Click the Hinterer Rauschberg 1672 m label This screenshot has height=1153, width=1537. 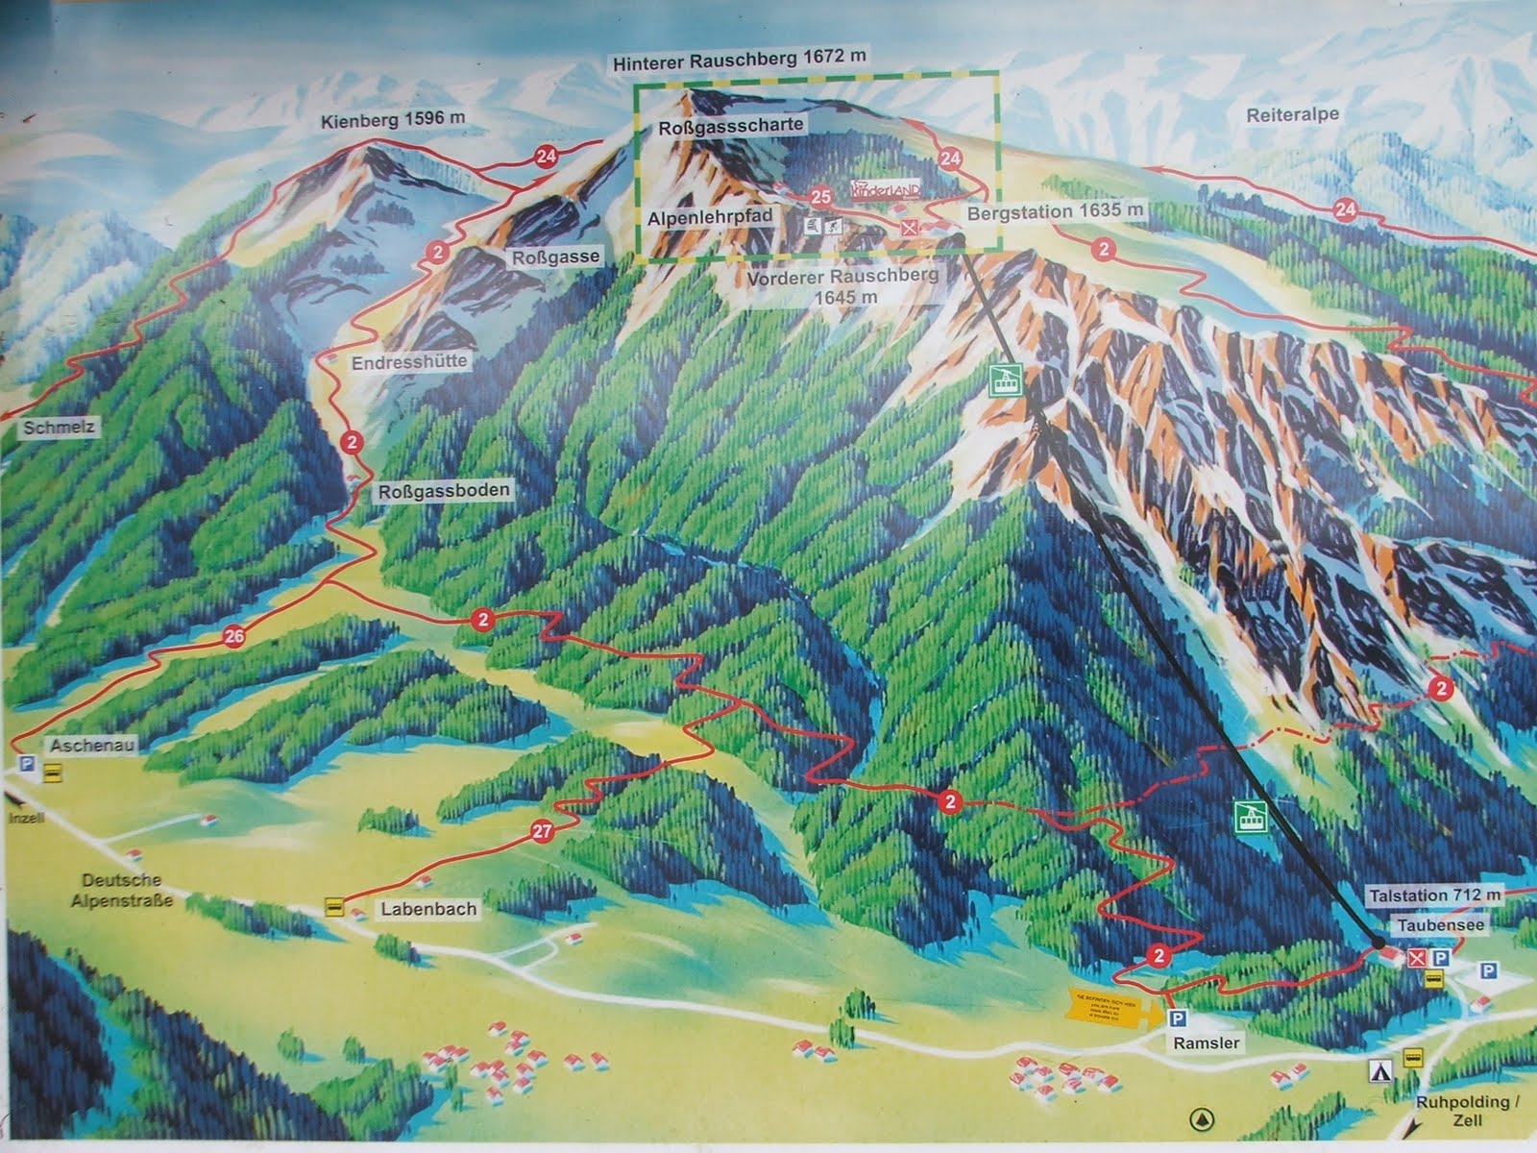click(x=739, y=59)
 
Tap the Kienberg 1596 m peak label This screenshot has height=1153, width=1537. click(x=394, y=119)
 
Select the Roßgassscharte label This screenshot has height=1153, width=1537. click(x=731, y=126)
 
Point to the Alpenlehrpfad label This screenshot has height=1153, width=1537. click(x=710, y=219)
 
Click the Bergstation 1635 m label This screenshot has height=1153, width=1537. click(x=1056, y=210)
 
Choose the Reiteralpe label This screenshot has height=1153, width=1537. click(x=1293, y=114)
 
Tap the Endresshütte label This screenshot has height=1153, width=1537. click(x=409, y=362)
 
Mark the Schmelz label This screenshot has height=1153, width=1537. click(x=59, y=428)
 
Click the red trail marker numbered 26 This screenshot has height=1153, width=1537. click(x=233, y=635)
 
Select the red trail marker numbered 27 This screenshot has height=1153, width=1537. click(x=542, y=832)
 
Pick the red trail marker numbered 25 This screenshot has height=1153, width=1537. click(x=820, y=197)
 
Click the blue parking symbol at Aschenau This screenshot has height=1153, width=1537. click(x=26, y=765)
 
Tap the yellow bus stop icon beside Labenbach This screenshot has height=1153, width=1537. click(x=335, y=907)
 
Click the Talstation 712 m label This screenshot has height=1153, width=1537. click(x=1434, y=895)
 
